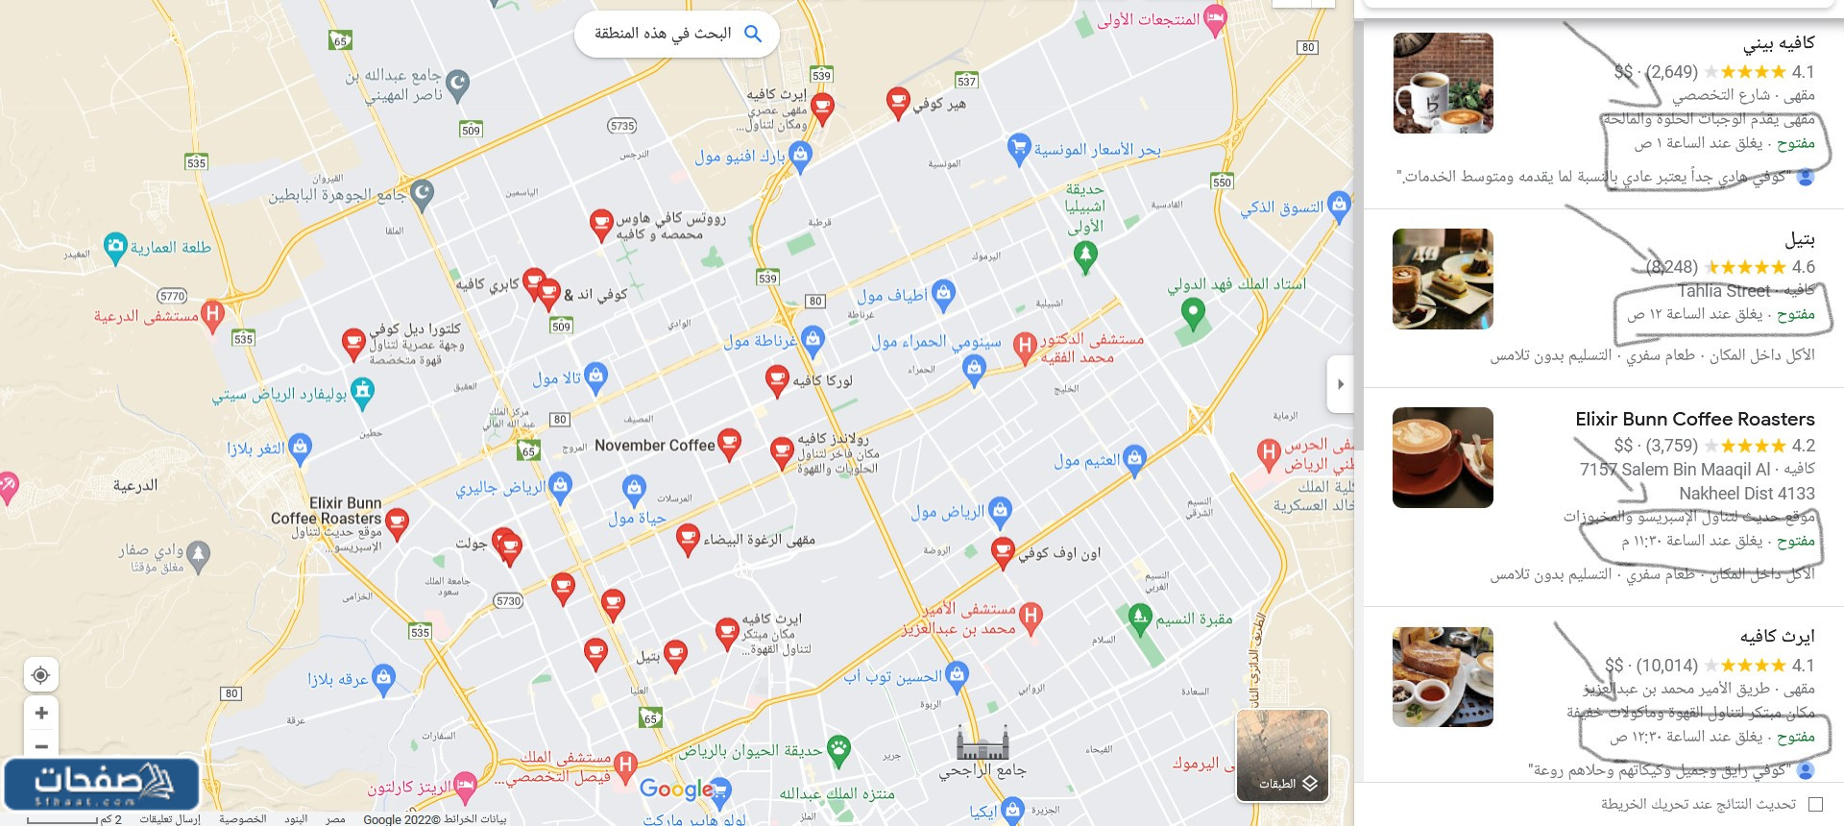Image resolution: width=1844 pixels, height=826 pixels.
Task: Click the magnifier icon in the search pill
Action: (753, 34)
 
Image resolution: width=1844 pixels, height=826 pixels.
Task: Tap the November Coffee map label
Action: (654, 446)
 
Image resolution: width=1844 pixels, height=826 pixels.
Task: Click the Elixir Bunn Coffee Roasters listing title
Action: (1694, 419)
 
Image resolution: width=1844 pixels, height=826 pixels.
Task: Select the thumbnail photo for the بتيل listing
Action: (1443, 279)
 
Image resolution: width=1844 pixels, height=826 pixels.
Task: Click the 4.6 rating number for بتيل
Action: (1803, 267)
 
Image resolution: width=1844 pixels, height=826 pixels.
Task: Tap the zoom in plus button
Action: (41, 713)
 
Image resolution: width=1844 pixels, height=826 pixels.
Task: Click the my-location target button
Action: (41, 674)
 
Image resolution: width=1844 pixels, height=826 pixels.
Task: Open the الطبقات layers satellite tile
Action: (1282, 755)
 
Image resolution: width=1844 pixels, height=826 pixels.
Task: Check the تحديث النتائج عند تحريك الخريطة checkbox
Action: (1814, 804)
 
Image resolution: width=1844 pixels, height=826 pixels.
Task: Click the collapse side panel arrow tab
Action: (1340, 384)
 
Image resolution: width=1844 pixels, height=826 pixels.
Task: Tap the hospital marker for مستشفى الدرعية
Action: (213, 313)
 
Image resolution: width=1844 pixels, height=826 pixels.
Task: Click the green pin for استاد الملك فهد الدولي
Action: (1192, 312)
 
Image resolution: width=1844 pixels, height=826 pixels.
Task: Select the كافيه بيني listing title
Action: (1779, 43)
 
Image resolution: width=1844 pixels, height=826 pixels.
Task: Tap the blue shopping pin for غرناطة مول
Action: (813, 338)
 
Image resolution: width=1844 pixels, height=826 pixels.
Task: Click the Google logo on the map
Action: (676, 790)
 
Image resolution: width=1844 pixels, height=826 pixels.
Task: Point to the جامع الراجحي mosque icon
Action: (983, 742)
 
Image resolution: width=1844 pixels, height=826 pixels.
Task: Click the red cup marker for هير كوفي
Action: (897, 101)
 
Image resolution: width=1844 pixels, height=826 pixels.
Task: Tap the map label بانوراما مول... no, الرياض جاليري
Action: (500, 488)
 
